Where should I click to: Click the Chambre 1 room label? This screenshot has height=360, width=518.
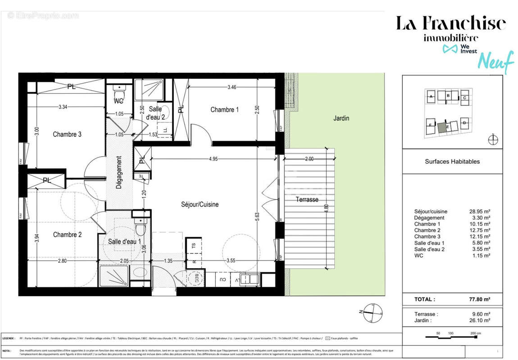pyautogui.click(x=224, y=110)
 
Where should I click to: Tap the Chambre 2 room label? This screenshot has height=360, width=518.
pyautogui.click(x=67, y=234)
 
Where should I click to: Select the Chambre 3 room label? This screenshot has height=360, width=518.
pyautogui.click(x=67, y=134)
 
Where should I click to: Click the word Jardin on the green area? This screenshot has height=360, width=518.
pyautogui.click(x=341, y=118)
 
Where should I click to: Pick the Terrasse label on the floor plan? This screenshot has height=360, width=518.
pyautogui.click(x=307, y=199)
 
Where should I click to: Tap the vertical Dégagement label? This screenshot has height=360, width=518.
pyautogui.click(x=119, y=172)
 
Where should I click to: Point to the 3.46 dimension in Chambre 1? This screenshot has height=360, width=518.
pyautogui.click(x=232, y=87)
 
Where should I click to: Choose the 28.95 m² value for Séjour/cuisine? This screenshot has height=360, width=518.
pyautogui.click(x=480, y=211)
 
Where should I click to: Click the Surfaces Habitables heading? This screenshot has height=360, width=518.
pyautogui.click(x=452, y=162)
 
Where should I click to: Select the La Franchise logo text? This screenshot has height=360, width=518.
pyautogui.click(x=450, y=23)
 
